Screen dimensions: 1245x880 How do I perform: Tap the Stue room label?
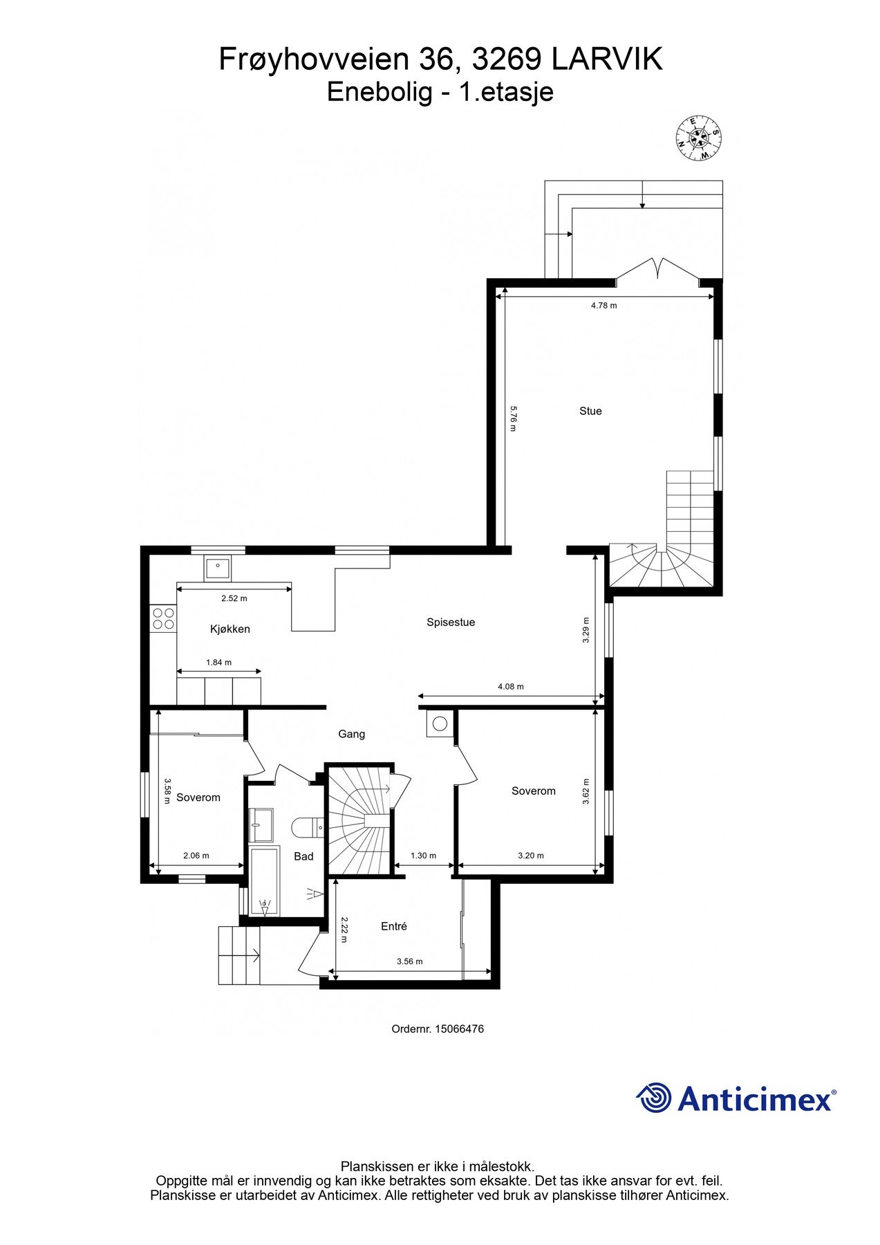pyautogui.click(x=590, y=411)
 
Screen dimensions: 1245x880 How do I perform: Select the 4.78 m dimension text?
pyautogui.click(x=603, y=305)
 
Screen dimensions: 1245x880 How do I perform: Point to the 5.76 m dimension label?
pyautogui.click(x=513, y=418)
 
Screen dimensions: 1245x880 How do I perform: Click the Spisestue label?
pyautogui.click(x=451, y=622)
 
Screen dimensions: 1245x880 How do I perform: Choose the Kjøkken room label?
pyautogui.click(x=230, y=629)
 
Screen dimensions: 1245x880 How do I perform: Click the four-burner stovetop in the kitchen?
pyautogui.click(x=163, y=618)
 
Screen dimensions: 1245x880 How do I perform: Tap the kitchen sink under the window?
pyautogui.click(x=218, y=568)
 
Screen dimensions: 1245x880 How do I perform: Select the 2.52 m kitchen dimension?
pyautogui.click(x=234, y=598)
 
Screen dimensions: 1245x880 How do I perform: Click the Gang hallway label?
pyautogui.click(x=351, y=734)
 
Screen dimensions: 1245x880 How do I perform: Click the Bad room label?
pyautogui.click(x=303, y=856)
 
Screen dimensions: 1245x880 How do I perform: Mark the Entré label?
pyautogui.click(x=394, y=926)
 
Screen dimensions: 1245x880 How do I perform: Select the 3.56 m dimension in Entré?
pyautogui.click(x=409, y=961)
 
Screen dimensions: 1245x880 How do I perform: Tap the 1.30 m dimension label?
pyautogui.click(x=423, y=856)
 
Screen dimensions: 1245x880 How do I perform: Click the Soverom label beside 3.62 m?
pyautogui.click(x=534, y=791)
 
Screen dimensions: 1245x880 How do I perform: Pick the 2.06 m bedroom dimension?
pyautogui.click(x=196, y=856)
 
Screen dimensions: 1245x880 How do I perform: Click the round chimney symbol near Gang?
pyautogui.click(x=440, y=724)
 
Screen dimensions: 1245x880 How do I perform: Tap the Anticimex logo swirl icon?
pyautogui.click(x=654, y=1098)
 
